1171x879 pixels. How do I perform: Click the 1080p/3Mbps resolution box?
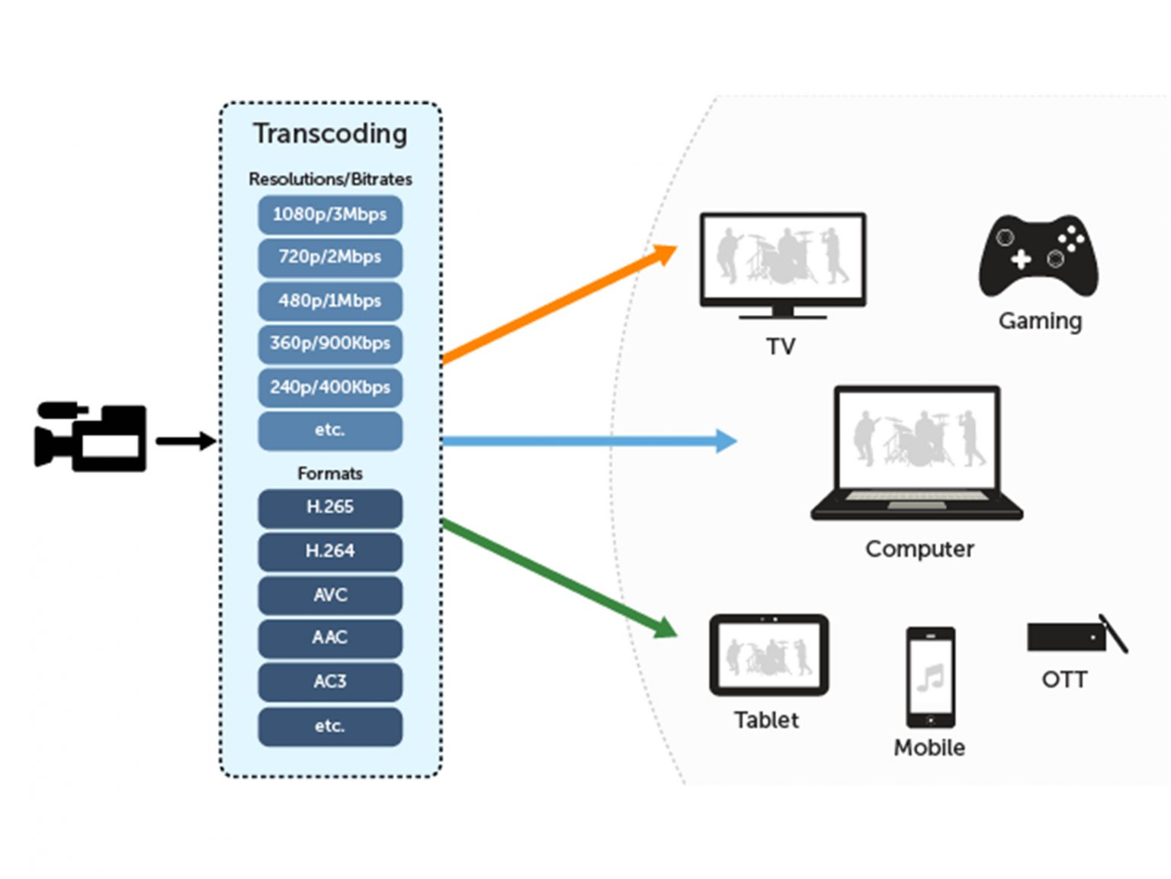(x=329, y=214)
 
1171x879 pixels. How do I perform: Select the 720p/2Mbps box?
(x=329, y=257)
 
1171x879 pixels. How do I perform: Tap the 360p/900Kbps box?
(x=329, y=343)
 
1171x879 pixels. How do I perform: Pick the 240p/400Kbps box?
(x=329, y=387)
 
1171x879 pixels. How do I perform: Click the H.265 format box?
(x=329, y=507)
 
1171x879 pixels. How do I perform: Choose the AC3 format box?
(x=329, y=681)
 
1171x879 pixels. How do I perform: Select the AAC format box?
(x=329, y=638)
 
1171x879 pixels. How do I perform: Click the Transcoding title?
(x=330, y=134)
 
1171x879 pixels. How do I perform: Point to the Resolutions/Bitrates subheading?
(x=330, y=179)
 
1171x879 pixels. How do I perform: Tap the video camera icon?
(x=90, y=436)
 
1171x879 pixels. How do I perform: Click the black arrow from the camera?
(x=185, y=441)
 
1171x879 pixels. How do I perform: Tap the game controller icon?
(x=1038, y=256)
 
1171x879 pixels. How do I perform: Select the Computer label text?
(x=919, y=549)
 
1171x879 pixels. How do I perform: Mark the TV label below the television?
(x=781, y=347)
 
